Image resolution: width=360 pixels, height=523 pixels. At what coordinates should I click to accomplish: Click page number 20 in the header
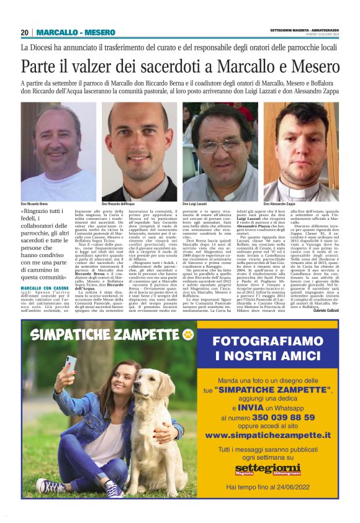(x=25, y=32)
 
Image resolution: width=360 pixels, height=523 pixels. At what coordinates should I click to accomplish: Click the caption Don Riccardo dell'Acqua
(x=119, y=204)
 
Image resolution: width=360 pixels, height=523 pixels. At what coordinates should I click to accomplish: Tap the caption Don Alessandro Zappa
(x=280, y=204)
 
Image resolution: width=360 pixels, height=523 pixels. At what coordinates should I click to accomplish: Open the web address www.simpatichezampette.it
(x=268, y=435)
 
